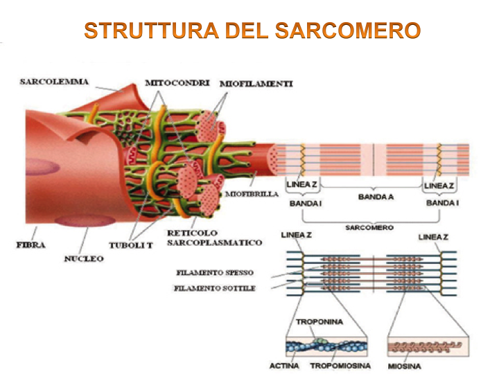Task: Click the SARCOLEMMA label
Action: click(55, 82)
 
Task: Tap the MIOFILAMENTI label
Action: click(256, 84)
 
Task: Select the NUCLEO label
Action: click(83, 258)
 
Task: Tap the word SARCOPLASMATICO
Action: click(216, 243)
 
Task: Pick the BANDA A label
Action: click(376, 197)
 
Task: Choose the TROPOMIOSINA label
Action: click(340, 365)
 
